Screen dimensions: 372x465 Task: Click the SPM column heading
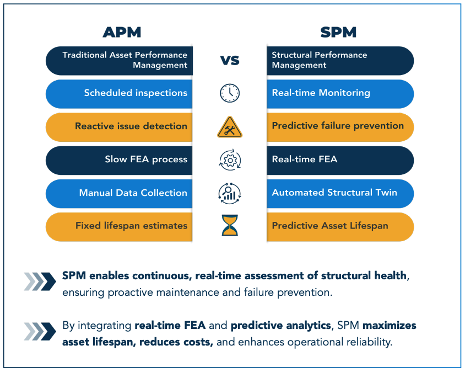[338, 33]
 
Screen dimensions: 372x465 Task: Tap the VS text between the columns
[230, 60]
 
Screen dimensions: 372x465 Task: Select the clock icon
[230, 93]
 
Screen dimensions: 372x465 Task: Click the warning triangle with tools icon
[230, 127]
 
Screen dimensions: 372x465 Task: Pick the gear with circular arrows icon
[230, 160]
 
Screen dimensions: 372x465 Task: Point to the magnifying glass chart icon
[230, 193]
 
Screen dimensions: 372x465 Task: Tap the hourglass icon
[230, 226]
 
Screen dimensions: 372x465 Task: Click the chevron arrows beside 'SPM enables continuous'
[40, 281]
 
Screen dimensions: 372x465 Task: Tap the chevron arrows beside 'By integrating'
[40, 331]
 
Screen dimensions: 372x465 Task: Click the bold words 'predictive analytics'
[280, 326]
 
